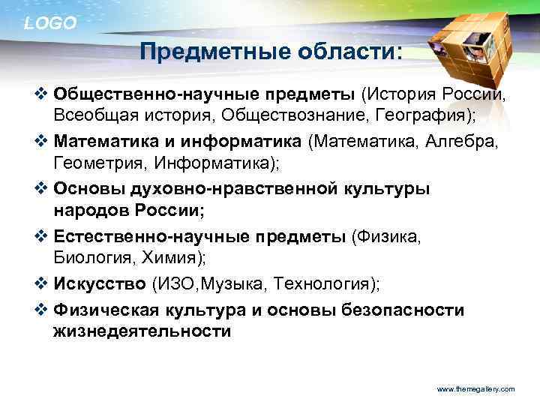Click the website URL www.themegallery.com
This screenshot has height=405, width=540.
pyautogui.click(x=475, y=389)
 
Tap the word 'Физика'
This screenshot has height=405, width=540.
pyautogui.click(x=389, y=237)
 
